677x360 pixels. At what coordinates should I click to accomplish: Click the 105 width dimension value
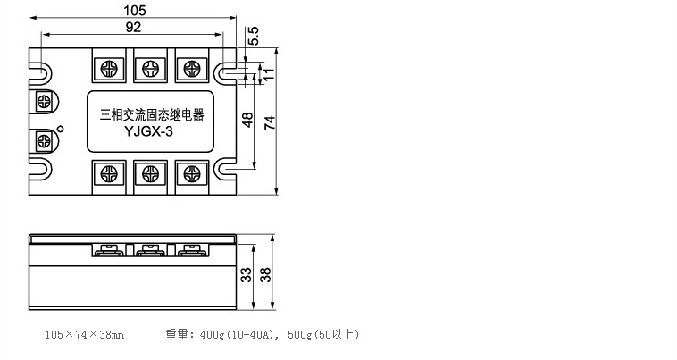pyautogui.click(x=135, y=10)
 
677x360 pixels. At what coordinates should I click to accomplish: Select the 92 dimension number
pyautogui.click(x=133, y=27)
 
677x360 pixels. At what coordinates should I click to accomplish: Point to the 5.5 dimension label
pyautogui.click(x=254, y=36)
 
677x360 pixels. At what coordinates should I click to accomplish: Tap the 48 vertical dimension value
pyautogui.click(x=247, y=120)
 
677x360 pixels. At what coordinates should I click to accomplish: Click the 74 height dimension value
pyautogui.click(x=270, y=123)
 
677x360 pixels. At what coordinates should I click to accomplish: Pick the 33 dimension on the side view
pyautogui.click(x=246, y=275)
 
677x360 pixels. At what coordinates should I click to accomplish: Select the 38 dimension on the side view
pyautogui.click(x=265, y=275)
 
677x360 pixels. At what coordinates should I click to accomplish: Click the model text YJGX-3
pyautogui.click(x=148, y=131)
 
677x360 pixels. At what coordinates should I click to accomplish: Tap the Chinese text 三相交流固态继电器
pyautogui.click(x=152, y=115)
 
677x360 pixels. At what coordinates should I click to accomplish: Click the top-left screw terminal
pyautogui.click(x=109, y=68)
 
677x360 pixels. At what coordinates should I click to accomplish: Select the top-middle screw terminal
pyautogui.click(x=150, y=68)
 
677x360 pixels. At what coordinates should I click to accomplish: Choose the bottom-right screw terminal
pyautogui.click(x=192, y=174)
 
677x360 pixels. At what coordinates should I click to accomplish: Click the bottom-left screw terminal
pyautogui.click(x=109, y=174)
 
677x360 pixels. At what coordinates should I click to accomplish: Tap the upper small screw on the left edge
pyautogui.click(x=44, y=102)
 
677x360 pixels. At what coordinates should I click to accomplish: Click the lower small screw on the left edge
pyautogui.click(x=44, y=141)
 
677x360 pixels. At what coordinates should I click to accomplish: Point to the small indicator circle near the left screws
pyautogui.click(x=61, y=129)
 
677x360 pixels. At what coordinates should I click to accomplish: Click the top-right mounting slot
pyautogui.click(x=225, y=73)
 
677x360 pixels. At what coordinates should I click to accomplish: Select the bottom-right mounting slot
pyautogui.click(x=225, y=169)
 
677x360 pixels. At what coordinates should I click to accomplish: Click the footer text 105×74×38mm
pyautogui.click(x=85, y=334)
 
